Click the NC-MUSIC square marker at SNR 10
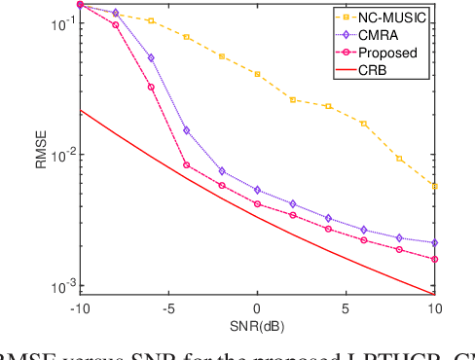pyautogui.click(x=434, y=186)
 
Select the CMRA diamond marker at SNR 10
pyautogui.click(x=434, y=242)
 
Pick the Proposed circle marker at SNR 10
pyautogui.click(x=434, y=259)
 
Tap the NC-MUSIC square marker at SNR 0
pyautogui.click(x=257, y=74)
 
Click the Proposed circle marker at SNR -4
pyautogui.click(x=186, y=165)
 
